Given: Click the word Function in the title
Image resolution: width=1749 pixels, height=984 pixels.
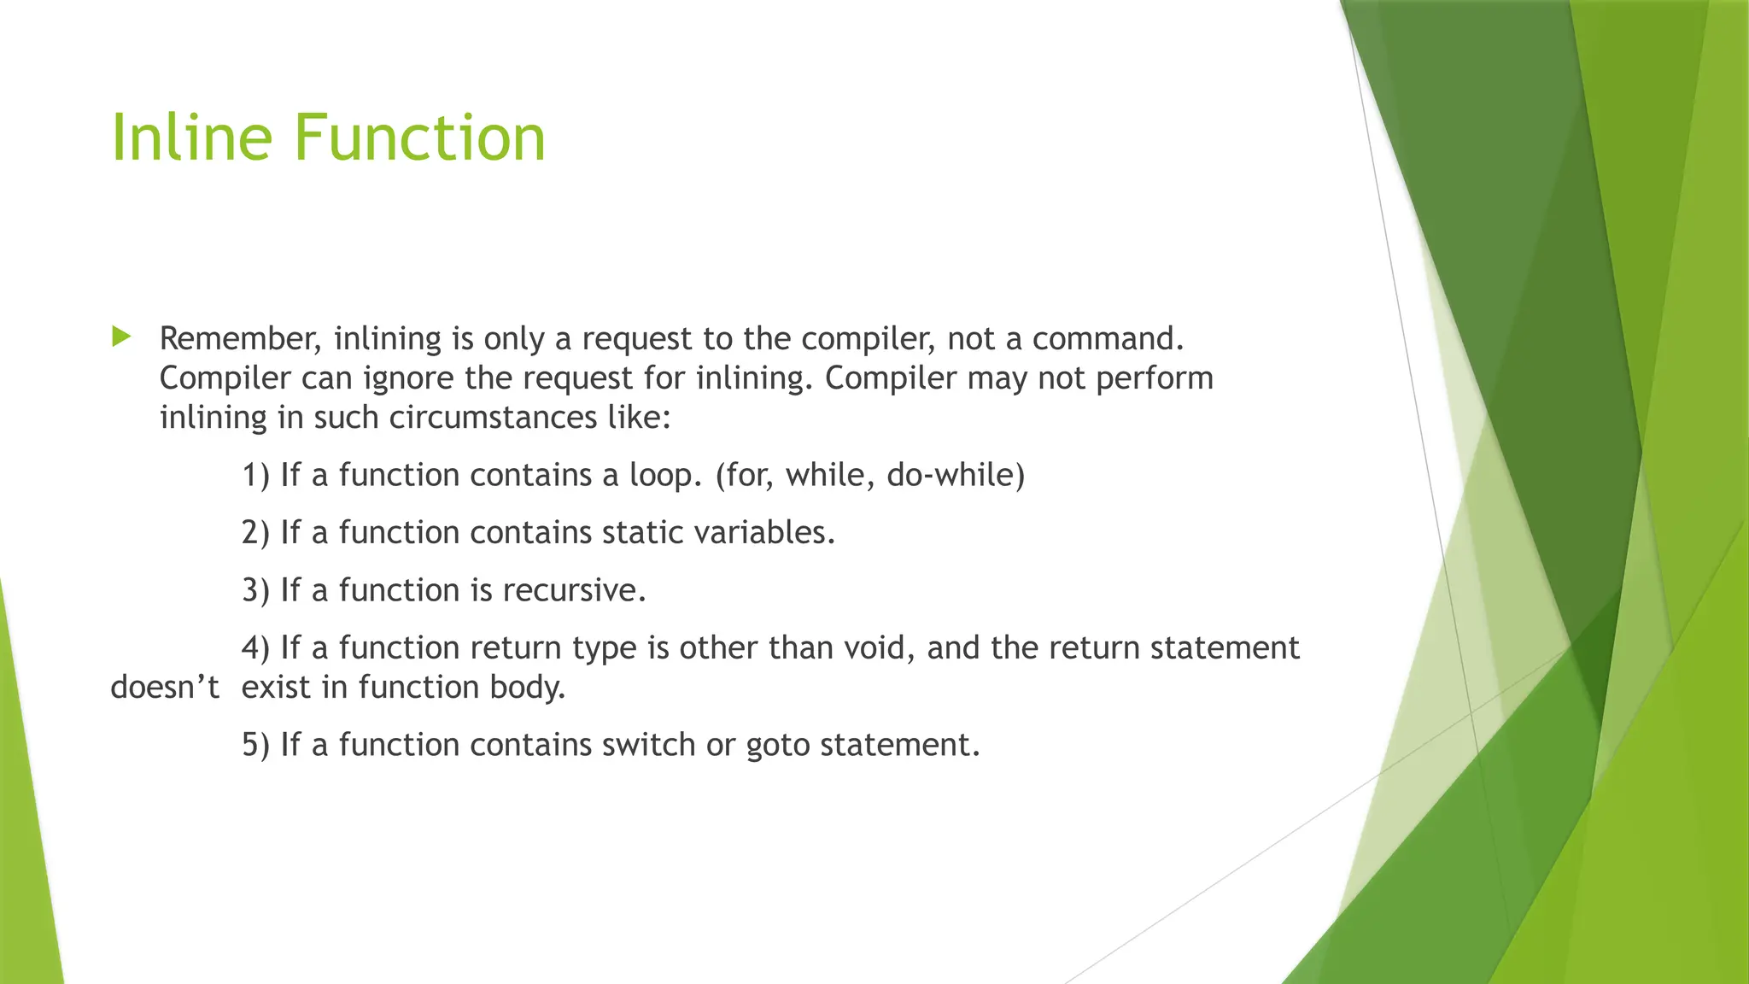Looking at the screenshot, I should [419, 138].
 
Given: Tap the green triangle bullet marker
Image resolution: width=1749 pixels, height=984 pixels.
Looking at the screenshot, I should [120, 337].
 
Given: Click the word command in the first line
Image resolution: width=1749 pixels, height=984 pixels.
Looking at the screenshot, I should [1107, 339].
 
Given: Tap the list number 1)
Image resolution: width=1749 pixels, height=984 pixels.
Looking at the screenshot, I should [255, 476].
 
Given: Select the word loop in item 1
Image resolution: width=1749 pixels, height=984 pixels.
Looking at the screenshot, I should [665, 476].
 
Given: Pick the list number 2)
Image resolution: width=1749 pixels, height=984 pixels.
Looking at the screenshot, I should [255, 533].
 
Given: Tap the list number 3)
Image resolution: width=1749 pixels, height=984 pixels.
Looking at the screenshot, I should [255, 591].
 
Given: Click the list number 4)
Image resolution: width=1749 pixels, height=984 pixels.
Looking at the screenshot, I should [255, 648].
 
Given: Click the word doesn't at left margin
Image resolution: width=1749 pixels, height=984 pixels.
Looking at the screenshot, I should [165, 688].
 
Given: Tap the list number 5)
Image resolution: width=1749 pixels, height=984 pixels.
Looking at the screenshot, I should [255, 746].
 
